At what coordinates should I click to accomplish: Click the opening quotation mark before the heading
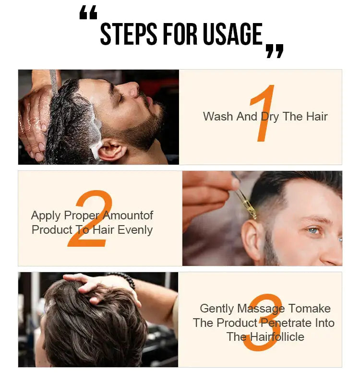(88, 13)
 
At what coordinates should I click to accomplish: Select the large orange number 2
(91, 219)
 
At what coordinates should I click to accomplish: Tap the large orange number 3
(263, 323)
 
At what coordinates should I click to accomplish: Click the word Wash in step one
(216, 117)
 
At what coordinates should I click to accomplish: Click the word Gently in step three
(217, 309)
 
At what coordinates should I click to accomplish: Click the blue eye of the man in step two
(313, 230)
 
